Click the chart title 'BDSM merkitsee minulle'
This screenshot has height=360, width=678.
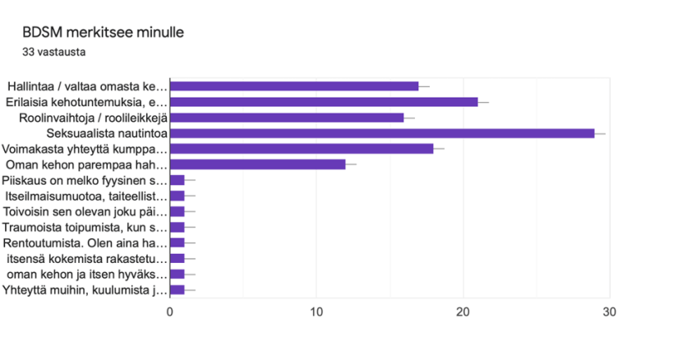(103, 33)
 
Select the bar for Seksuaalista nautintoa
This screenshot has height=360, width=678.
(381, 133)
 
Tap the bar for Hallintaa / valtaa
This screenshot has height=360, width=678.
(293, 86)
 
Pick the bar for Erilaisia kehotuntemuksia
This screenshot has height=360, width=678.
(323, 102)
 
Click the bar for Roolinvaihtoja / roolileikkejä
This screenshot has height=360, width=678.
(286, 118)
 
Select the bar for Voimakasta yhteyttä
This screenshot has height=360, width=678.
(301, 149)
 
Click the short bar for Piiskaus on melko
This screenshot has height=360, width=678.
(177, 180)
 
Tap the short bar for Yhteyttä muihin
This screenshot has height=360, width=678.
(177, 289)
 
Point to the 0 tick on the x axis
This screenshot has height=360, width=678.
(170, 312)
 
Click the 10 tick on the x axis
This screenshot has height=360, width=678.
(316, 312)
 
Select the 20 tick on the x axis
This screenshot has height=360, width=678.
(463, 312)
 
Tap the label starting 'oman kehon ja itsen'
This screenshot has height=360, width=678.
(86, 274)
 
